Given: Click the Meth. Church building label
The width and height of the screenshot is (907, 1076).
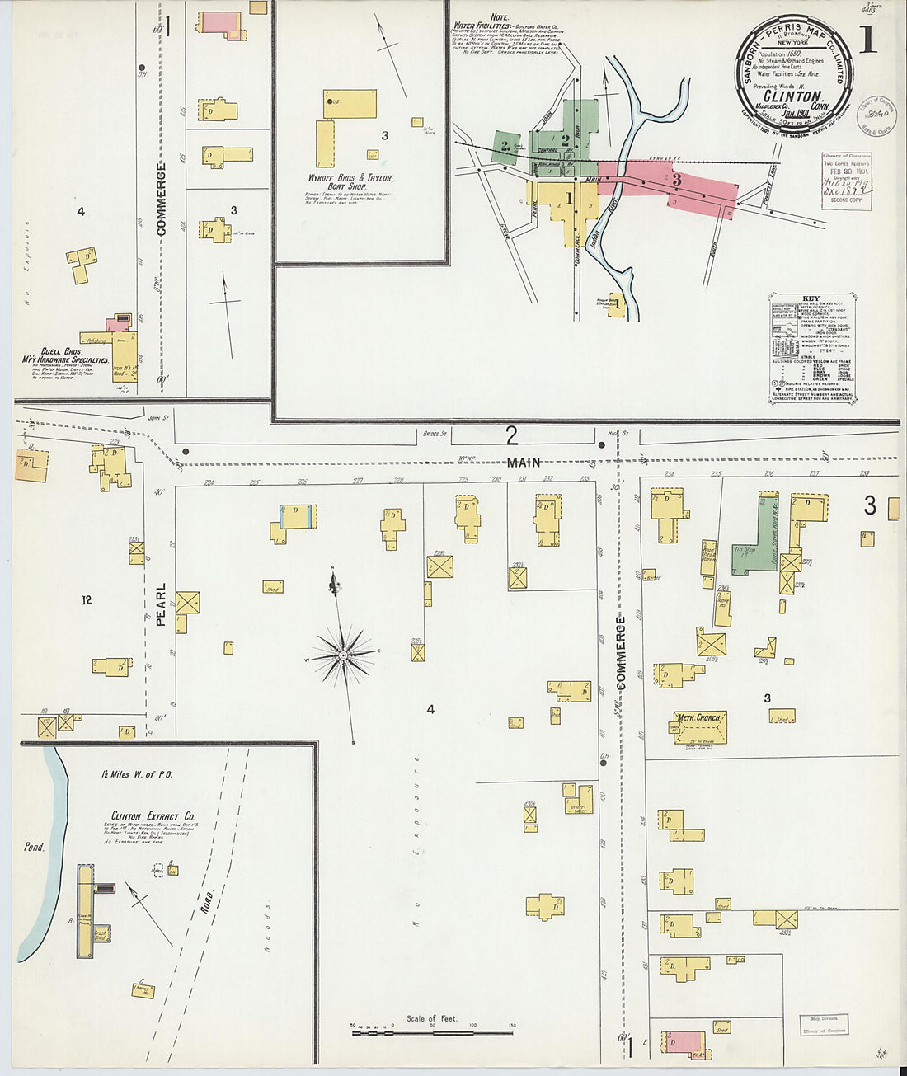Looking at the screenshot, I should click(x=698, y=717).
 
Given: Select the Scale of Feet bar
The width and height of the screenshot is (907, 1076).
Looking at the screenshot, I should click(x=432, y=1031).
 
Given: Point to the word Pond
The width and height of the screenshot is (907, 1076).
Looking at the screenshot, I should click(x=34, y=847).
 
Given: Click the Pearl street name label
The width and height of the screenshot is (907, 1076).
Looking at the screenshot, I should click(x=161, y=604).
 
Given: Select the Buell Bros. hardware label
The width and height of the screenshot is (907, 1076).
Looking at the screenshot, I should click(x=64, y=355).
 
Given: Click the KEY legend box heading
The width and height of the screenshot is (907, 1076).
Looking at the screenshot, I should click(x=811, y=299).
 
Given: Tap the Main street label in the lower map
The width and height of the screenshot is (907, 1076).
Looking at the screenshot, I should click(x=524, y=463).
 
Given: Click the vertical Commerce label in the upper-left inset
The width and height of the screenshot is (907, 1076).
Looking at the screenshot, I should click(x=162, y=199).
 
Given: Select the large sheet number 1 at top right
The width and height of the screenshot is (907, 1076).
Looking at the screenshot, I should click(x=868, y=39).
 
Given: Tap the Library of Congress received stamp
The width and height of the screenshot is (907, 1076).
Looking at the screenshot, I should click(x=845, y=181).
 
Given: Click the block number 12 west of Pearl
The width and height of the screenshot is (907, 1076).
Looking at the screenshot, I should click(x=87, y=600).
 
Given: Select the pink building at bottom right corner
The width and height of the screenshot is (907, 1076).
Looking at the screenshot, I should click(x=684, y=1041).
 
